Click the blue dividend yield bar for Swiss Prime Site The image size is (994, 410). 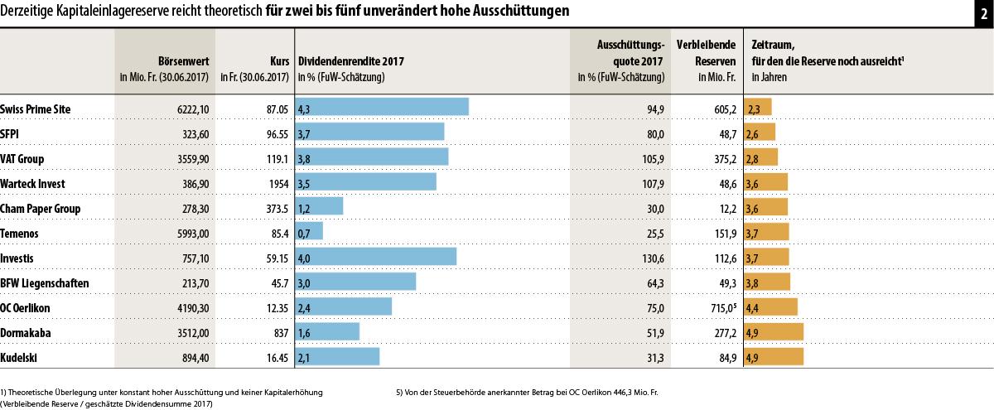tap(382, 108)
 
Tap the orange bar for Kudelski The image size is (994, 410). tap(774, 357)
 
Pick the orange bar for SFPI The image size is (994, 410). tap(760, 133)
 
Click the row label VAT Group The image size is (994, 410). tap(22, 158)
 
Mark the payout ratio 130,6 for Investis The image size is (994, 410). tap(651, 258)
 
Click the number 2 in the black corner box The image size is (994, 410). tap(983, 12)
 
